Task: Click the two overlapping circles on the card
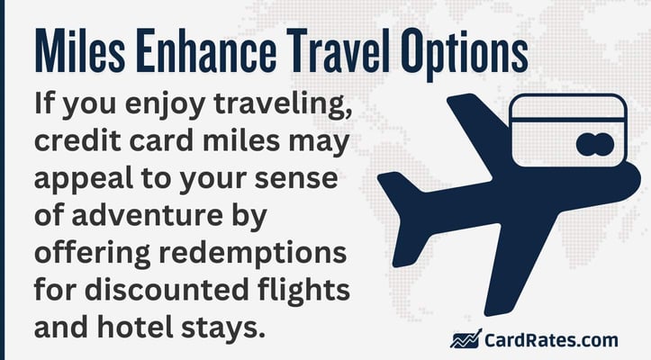[x=590, y=142]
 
